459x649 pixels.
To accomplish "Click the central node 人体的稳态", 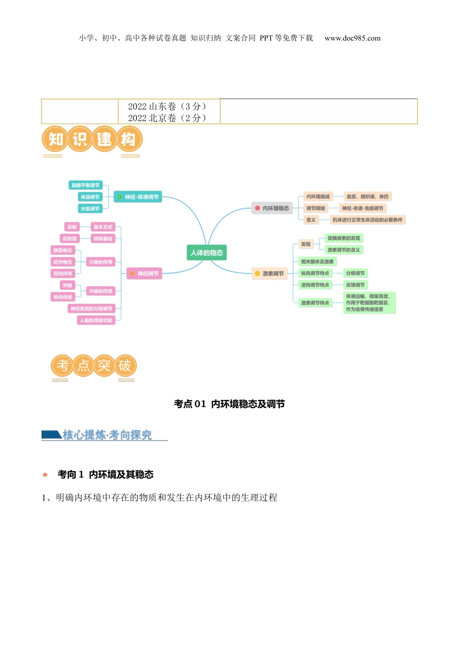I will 206,253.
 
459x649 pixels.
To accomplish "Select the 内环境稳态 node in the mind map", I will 272,208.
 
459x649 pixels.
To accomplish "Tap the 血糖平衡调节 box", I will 86,185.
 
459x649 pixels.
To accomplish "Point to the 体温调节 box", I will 90,197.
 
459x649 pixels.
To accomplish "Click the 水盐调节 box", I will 90,209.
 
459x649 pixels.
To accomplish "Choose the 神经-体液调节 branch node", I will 138,197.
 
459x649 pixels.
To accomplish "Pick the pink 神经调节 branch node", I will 144,274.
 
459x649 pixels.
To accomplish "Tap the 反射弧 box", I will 70,239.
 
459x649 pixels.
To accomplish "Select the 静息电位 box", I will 63,250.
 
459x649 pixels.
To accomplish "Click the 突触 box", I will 67,285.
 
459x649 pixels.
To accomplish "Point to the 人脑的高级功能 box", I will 96,320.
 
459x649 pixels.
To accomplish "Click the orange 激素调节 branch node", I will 269,274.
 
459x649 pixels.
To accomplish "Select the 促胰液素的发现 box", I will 344,238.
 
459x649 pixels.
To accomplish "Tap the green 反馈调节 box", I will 355,285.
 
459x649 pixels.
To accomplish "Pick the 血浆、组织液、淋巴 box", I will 367,197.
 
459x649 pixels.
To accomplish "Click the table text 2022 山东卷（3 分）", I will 167,106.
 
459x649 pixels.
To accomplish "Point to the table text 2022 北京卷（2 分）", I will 167,118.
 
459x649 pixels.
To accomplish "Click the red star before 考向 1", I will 45,475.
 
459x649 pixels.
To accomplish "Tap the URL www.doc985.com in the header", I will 352,38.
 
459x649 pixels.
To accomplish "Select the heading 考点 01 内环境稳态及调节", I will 229,404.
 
